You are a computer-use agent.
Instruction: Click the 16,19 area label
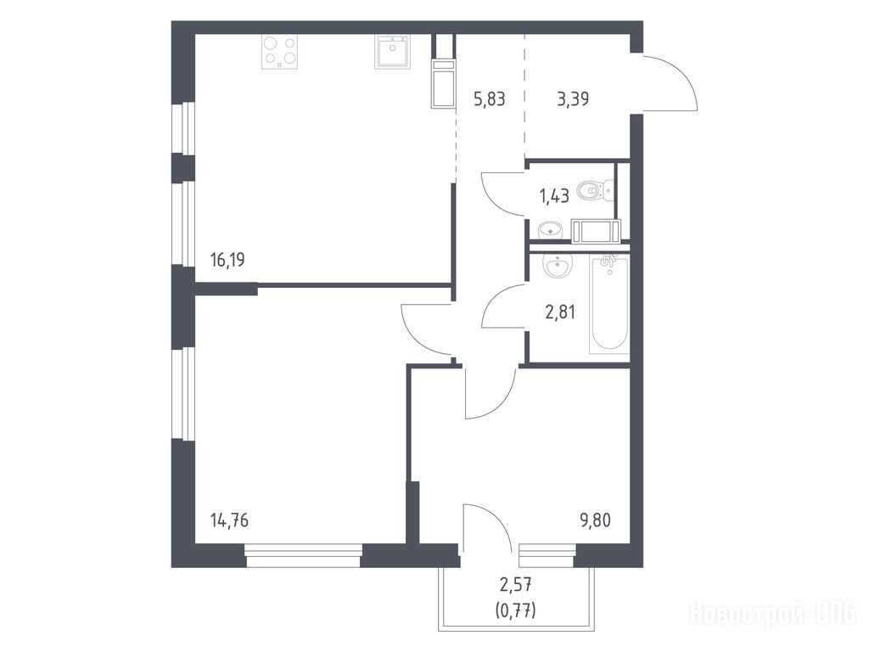227,260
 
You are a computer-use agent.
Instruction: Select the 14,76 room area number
229,520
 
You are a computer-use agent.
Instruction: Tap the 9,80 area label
595,520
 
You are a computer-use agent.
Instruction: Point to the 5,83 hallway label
490,99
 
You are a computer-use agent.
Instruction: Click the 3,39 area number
573,99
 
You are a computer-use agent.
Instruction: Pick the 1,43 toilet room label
553,196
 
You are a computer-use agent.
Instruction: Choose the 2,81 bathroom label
560,312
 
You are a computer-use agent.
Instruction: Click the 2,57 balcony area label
516,584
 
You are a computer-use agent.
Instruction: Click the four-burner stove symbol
279,52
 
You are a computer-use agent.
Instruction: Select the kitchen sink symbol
392,51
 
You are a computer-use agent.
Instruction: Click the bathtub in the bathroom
609,304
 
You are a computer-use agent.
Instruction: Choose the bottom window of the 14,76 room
303,555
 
